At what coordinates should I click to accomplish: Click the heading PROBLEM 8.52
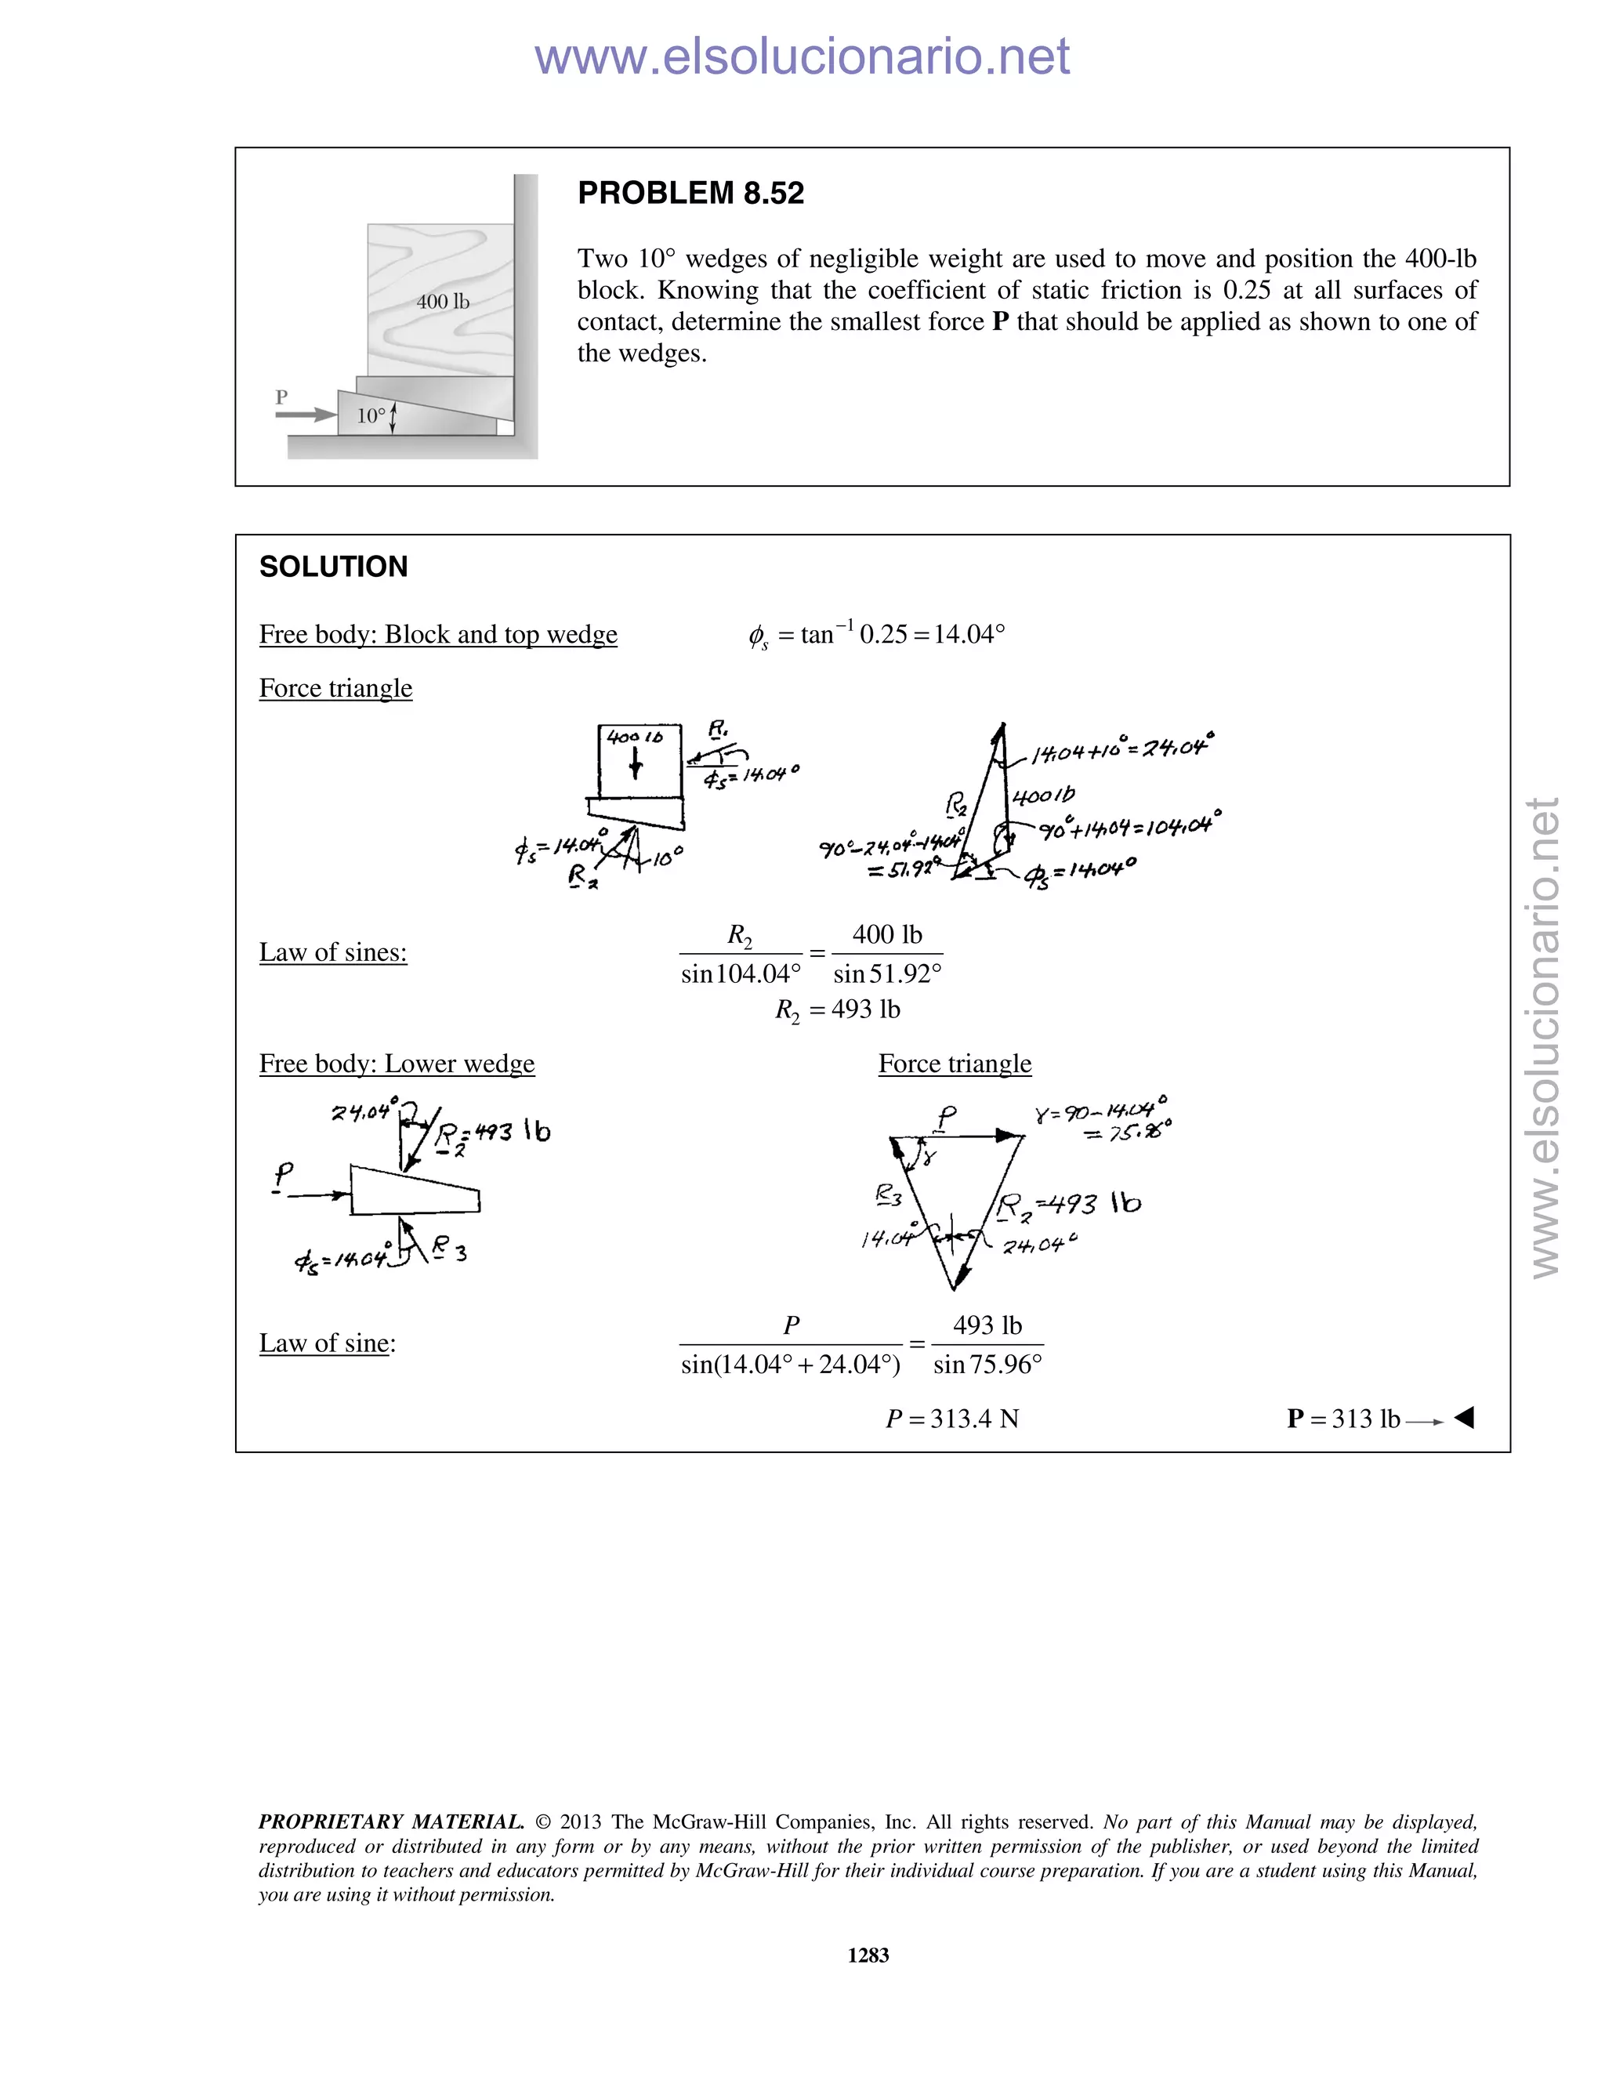point(690,193)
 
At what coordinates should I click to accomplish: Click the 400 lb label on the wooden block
point(442,302)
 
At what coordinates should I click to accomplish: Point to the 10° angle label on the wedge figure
point(371,415)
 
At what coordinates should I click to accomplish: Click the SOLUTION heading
point(333,567)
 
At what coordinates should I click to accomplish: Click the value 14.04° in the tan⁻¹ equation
point(969,634)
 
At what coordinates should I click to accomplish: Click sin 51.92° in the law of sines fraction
point(887,973)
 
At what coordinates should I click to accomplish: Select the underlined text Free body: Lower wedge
point(397,1064)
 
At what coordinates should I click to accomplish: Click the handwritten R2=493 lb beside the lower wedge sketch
point(492,1133)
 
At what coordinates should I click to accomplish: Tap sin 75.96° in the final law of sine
point(987,1365)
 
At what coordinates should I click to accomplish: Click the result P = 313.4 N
point(951,1419)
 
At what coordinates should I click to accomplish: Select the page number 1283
point(868,1956)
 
